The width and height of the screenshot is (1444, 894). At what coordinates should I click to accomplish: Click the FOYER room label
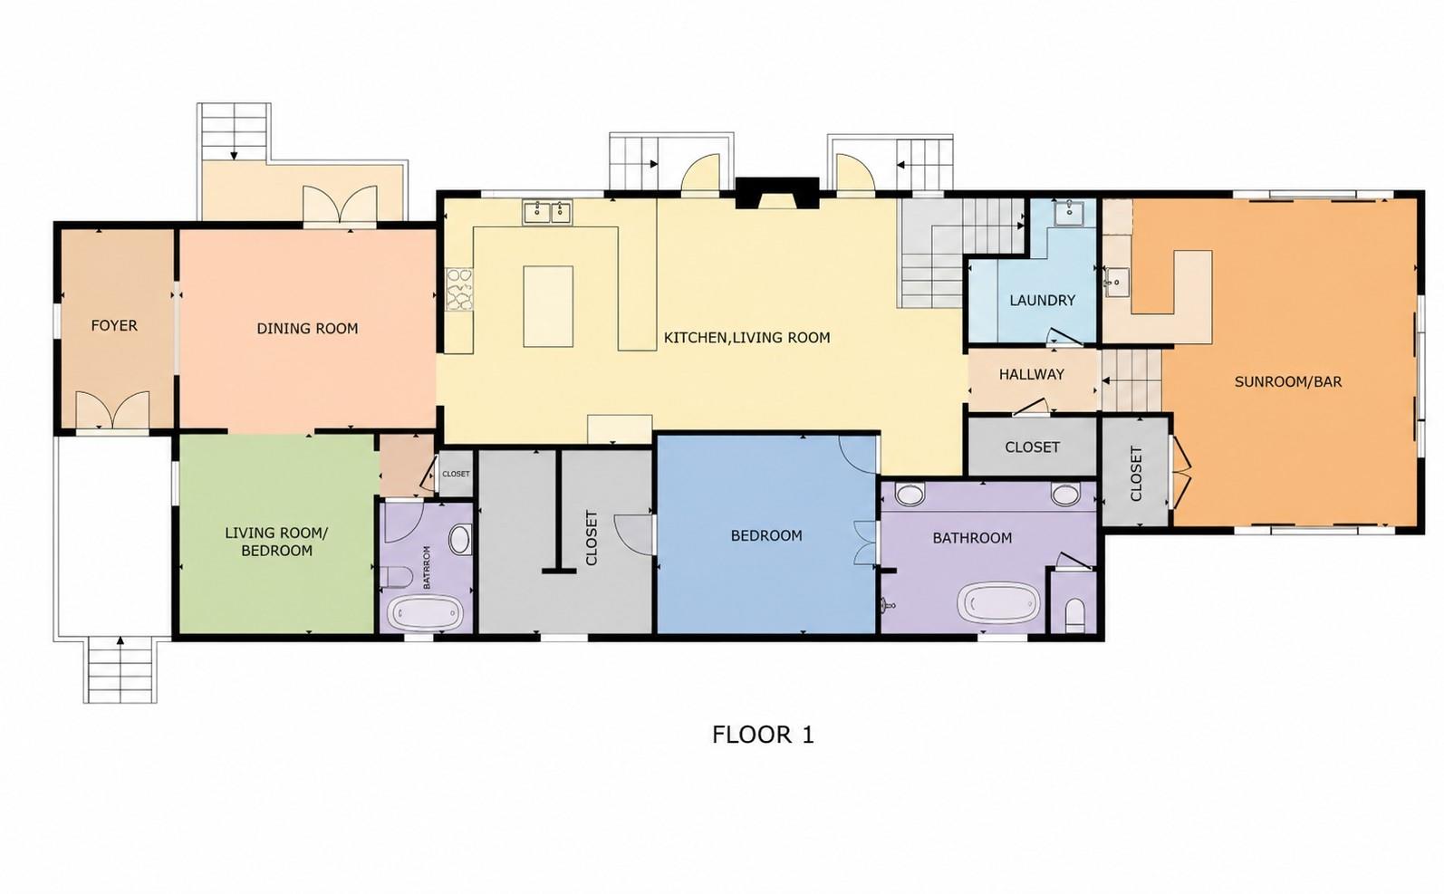pyautogui.click(x=114, y=325)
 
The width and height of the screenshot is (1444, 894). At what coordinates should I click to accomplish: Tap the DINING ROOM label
pyautogui.click(x=307, y=329)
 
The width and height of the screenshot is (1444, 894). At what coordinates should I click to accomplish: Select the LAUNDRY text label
pyautogui.click(x=1043, y=301)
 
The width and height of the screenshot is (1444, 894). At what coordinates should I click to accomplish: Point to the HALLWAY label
pyautogui.click(x=1032, y=374)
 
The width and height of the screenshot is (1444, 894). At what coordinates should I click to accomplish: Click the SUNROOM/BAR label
pyautogui.click(x=1288, y=381)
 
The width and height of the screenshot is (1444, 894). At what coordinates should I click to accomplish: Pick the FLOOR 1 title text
pyautogui.click(x=764, y=735)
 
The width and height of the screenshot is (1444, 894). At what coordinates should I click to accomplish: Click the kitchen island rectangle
pyautogui.click(x=548, y=307)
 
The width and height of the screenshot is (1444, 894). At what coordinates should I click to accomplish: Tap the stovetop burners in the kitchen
pyautogui.click(x=459, y=290)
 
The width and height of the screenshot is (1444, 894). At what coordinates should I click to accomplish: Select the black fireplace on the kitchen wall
pyautogui.click(x=777, y=194)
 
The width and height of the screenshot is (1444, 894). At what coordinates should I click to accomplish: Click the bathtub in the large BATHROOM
pyautogui.click(x=998, y=603)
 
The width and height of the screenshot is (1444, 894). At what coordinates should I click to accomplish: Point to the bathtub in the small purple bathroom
pyautogui.click(x=426, y=612)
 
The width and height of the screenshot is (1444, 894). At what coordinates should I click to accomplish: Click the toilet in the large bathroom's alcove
pyautogui.click(x=1074, y=616)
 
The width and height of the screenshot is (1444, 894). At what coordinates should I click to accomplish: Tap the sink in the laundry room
pyautogui.click(x=1069, y=212)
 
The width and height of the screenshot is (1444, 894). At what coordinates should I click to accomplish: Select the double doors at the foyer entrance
pyautogui.click(x=113, y=410)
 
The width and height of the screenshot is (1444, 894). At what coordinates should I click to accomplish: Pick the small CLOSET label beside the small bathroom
pyautogui.click(x=456, y=474)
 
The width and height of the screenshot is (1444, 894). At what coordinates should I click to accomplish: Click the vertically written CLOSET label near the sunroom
pyautogui.click(x=1136, y=474)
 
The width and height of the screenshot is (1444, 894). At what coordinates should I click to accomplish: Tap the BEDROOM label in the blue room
pyautogui.click(x=766, y=535)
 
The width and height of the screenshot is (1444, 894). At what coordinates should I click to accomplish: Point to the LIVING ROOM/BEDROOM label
pyautogui.click(x=276, y=542)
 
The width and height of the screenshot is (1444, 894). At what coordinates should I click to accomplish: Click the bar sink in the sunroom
pyautogui.click(x=1113, y=282)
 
